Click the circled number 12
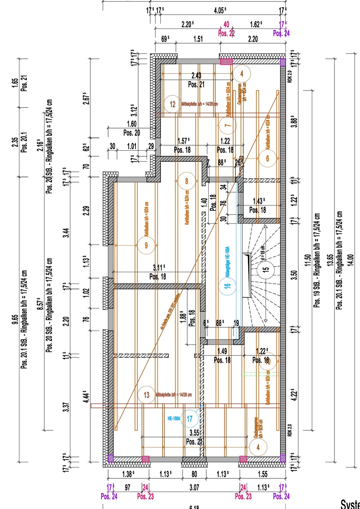173,104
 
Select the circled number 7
228,125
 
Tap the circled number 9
146,246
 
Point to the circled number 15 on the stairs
265,269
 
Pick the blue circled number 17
190,418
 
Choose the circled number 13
146,395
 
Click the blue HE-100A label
174,418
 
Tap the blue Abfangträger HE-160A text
227,257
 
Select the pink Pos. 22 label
226,33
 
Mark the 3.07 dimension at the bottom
194,487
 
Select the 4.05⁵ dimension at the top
220,11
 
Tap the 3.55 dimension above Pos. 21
194,433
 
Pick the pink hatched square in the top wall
226,62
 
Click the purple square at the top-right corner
283,62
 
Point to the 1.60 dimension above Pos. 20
132,124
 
